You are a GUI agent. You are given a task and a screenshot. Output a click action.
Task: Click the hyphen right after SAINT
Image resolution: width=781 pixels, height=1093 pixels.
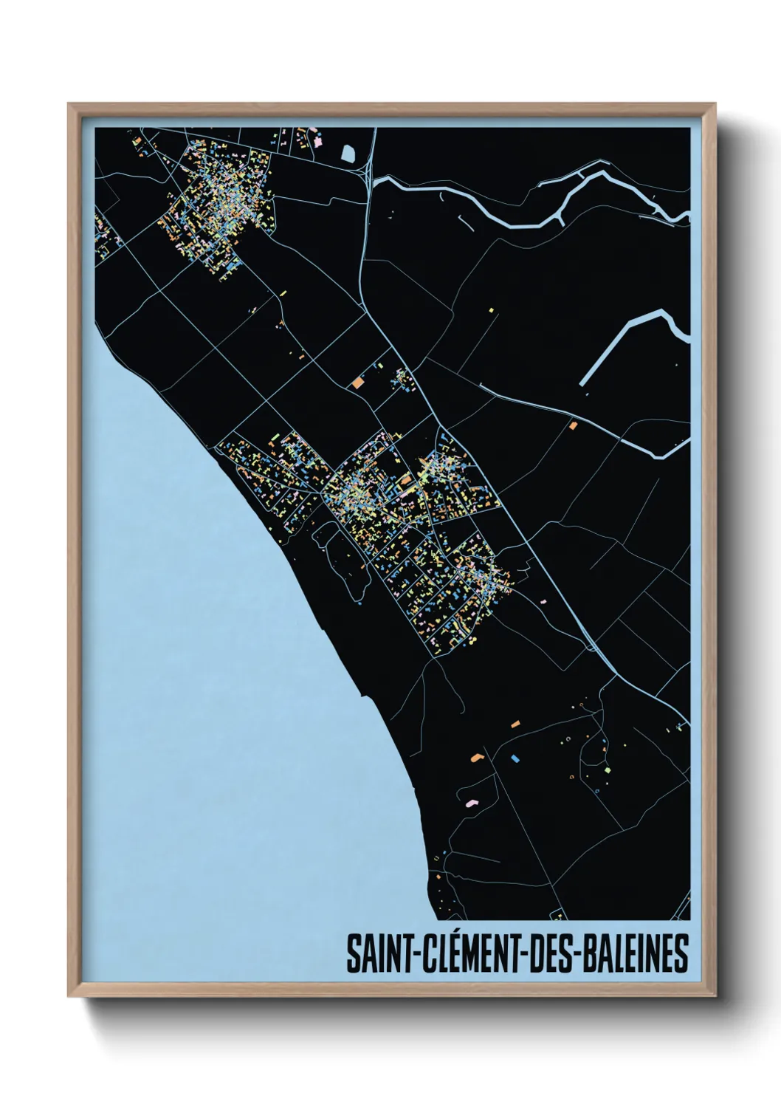coord(410,955)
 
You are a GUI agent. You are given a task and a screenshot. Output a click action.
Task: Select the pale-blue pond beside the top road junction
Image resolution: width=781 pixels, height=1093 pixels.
coord(348,154)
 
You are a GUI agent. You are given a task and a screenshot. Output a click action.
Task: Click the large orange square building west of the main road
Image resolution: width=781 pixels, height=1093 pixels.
coord(358,383)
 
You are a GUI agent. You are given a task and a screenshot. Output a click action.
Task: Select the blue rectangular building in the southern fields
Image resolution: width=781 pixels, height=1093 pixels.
coord(515,758)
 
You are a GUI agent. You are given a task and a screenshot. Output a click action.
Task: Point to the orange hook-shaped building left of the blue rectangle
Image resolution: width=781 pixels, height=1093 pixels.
coord(477,757)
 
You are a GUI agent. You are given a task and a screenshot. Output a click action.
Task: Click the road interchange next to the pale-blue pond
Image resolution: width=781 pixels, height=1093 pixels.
coord(367,173)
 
